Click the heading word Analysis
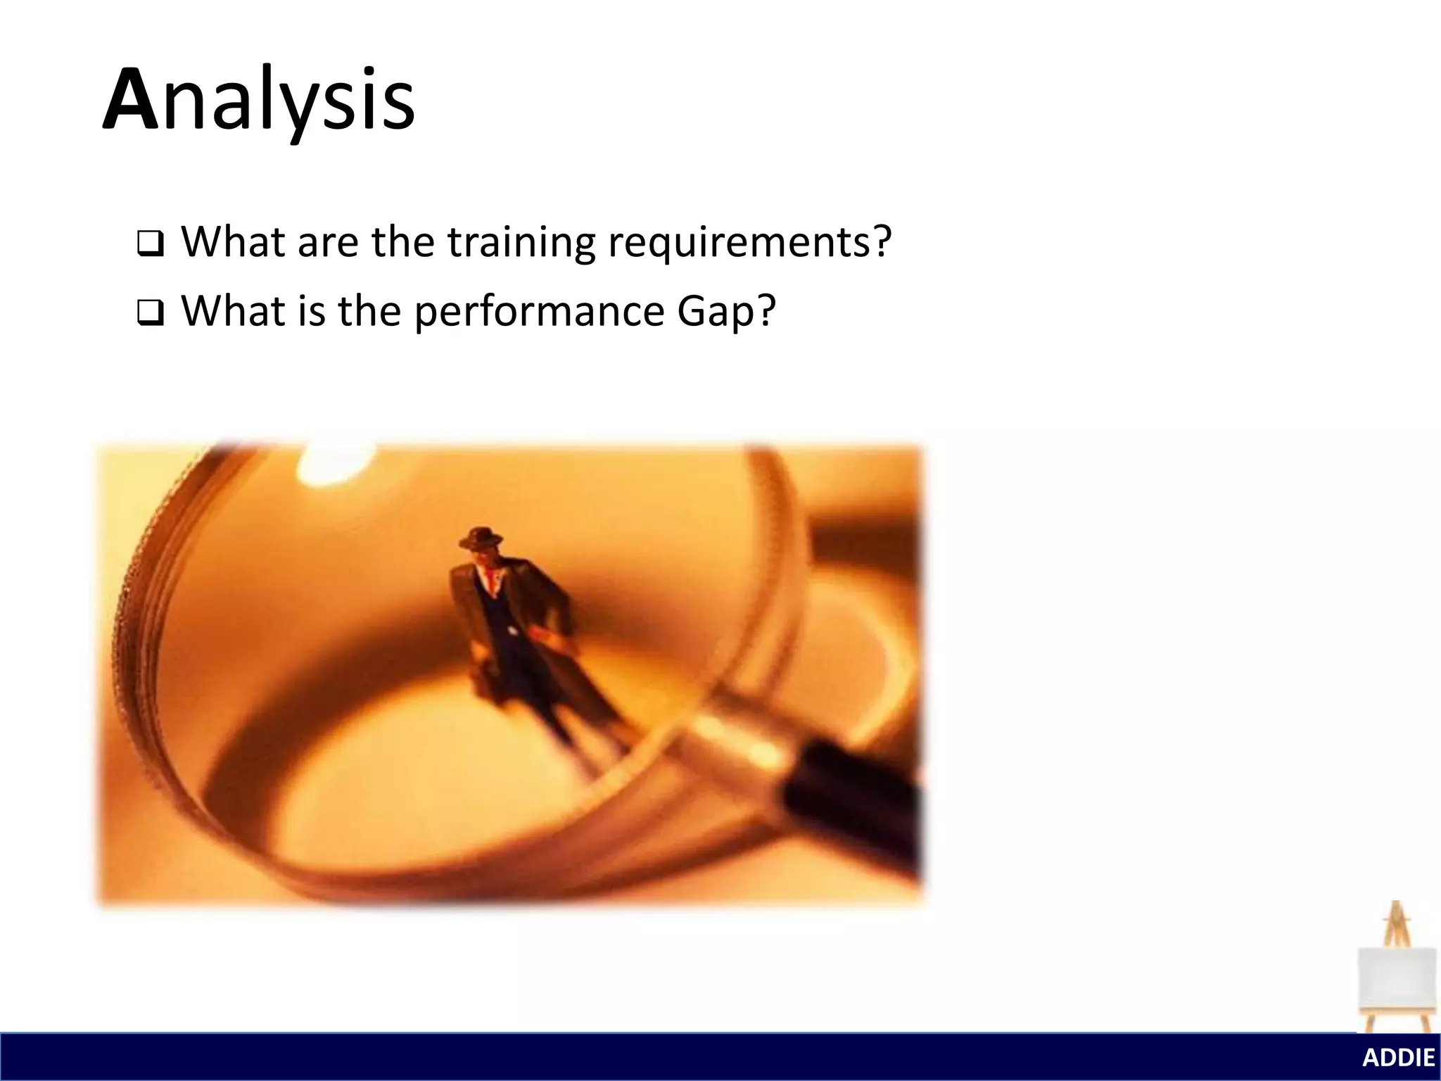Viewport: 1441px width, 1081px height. pyautogui.click(x=259, y=100)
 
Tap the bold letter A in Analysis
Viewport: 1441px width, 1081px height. pyautogui.click(x=130, y=100)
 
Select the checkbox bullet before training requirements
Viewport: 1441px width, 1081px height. pyautogui.click(x=150, y=244)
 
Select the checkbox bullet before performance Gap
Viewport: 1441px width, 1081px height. pyautogui.click(x=150, y=313)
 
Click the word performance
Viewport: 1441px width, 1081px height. pyautogui.click(x=539, y=312)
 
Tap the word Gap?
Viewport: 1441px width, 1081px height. pyautogui.click(x=726, y=312)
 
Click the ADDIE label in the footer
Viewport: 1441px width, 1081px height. pyautogui.click(x=1398, y=1058)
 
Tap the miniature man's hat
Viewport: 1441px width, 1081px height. pyautogui.click(x=481, y=538)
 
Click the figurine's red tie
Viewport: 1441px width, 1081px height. pyautogui.click(x=488, y=579)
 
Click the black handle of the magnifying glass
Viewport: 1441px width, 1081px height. pyautogui.click(x=855, y=802)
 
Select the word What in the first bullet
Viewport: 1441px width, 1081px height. pyautogui.click(x=233, y=243)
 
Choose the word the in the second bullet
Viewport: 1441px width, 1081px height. pyautogui.click(x=369, y=312)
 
